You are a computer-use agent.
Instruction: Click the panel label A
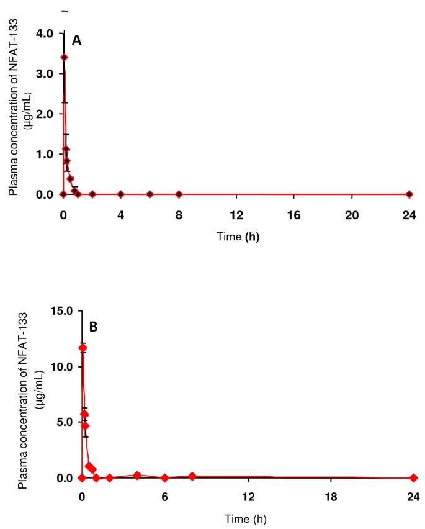(77, 40)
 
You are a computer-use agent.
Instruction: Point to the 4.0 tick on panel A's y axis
(42, 33)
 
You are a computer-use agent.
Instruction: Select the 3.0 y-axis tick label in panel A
(42, 73)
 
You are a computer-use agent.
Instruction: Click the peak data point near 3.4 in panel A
(64, 57)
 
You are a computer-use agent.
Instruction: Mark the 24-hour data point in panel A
(409, 194)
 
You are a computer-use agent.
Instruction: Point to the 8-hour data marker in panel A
(179, 194)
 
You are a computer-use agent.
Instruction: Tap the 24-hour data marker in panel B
(413, 477)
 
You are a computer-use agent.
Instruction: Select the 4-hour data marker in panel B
(137, 475)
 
